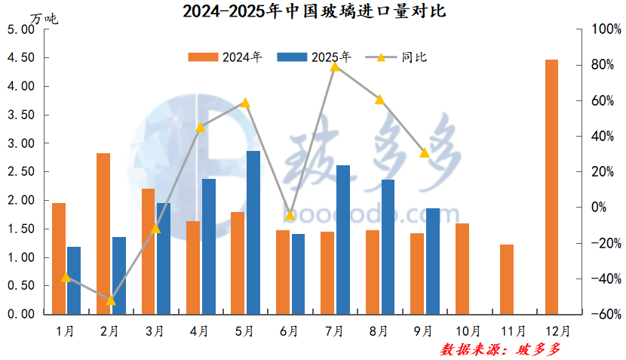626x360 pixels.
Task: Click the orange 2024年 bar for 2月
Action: [103, 233]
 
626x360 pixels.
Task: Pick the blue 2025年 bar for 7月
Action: [342, 239]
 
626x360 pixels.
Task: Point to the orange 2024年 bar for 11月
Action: [507, 279]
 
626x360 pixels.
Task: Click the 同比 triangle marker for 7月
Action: [335, 66]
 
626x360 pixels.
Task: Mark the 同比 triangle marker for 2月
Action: [111, 300]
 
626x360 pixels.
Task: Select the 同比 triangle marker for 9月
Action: [425, 152]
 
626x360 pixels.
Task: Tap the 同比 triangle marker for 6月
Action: [290, 215]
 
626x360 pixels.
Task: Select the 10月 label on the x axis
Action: [469, 331]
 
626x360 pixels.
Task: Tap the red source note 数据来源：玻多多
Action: [501, 349]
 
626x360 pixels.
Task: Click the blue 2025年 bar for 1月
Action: [74, 280]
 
